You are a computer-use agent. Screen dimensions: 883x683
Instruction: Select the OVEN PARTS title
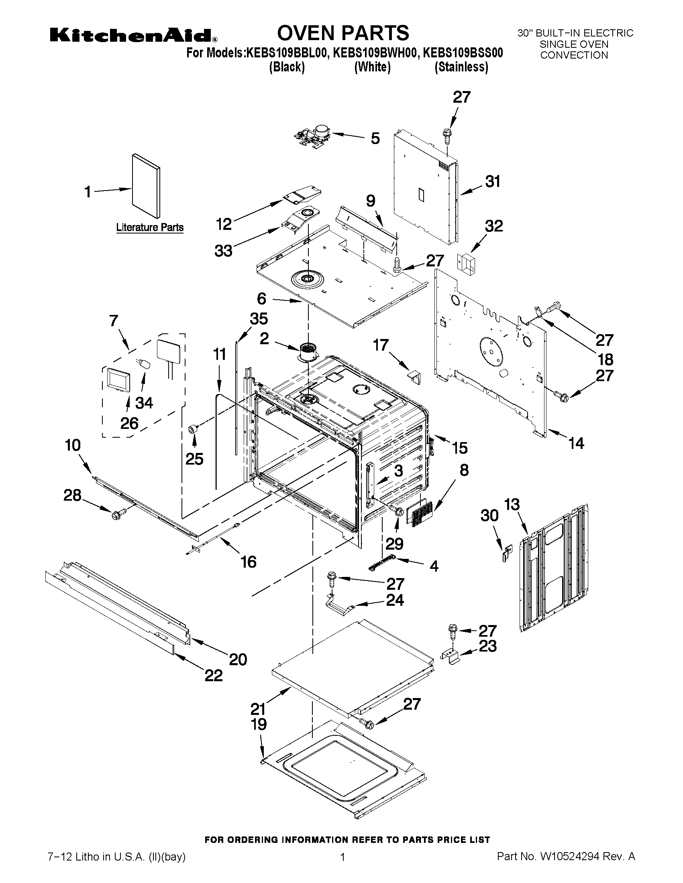pyautogui.click(x=343, y=33)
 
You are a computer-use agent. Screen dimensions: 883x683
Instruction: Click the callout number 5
pyautogui.click(x=375, y=138)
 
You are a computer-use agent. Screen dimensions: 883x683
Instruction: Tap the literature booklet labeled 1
pyautogui.click(x=146, y=186)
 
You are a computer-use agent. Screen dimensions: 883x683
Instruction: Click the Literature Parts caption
pyautogui.click(x=150, y=227)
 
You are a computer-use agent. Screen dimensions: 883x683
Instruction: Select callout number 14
pyautogui.click(x=576, y=444)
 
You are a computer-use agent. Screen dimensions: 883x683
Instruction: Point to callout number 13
pyautogui.click(x=512, y=505)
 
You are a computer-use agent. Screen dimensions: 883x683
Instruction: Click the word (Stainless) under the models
pyautogui.click(x=461, y=67)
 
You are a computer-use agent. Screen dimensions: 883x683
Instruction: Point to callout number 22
pyautogui.click(x=214, y=675)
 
